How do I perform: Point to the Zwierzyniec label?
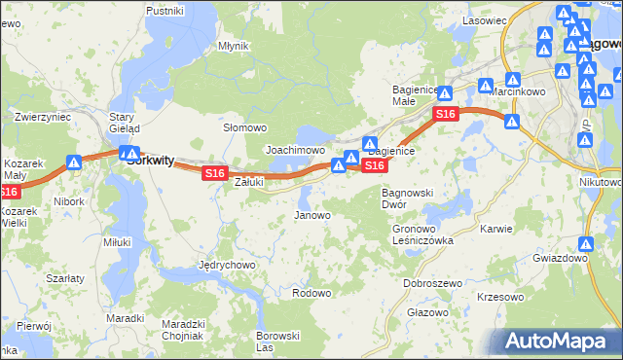42,116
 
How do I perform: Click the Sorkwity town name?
151,162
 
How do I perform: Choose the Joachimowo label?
295,151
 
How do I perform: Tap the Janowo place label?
312,215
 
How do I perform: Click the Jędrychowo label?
226,265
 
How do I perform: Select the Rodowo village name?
311,293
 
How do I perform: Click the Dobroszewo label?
432,282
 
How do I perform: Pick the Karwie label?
496,230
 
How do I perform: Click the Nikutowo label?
599,181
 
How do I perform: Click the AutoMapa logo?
559,341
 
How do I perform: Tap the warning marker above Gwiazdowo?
586,245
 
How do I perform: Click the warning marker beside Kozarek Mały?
74,163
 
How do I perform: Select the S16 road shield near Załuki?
215,173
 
